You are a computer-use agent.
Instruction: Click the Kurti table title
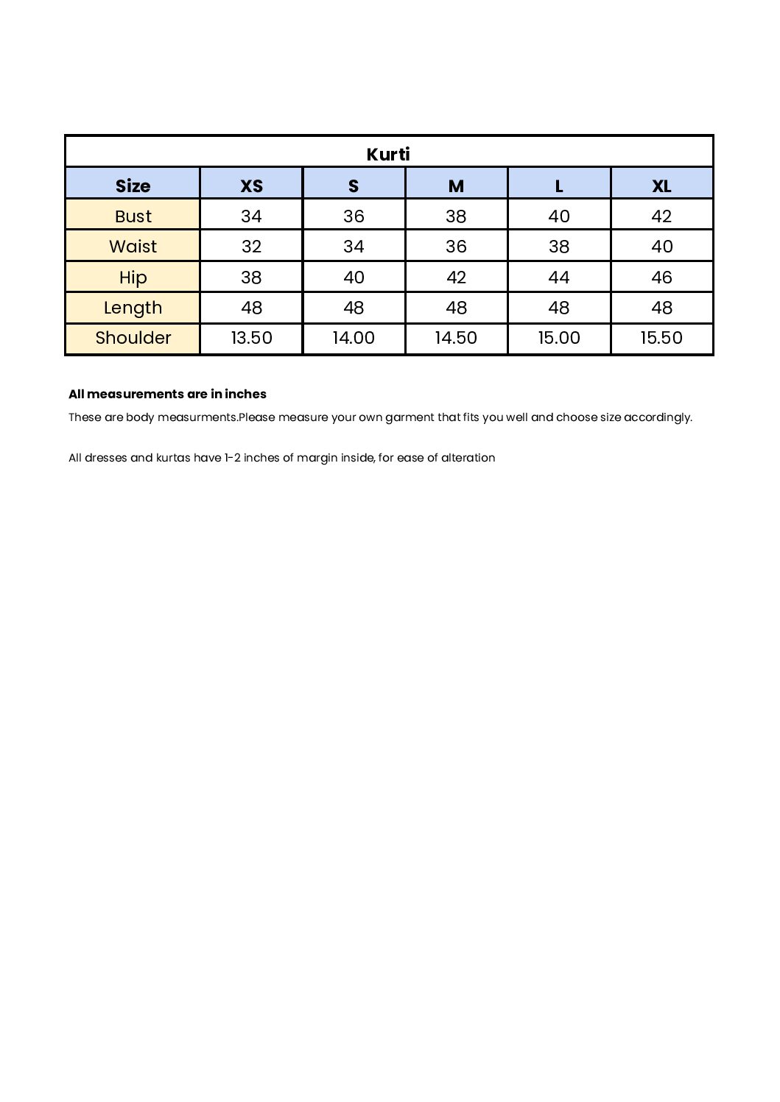tap(388, 154)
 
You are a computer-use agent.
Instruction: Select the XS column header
tap(251, 186)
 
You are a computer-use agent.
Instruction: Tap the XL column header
tap(661, 186)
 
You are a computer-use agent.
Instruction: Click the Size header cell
tap(133, 186)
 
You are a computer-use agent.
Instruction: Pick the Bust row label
tap(133, 216)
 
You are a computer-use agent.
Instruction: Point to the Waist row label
tap(133, 247)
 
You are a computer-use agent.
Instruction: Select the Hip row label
tap(133, 278)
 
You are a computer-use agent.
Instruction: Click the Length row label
tap(133, 308)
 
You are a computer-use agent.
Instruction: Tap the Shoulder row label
tap(133, 338)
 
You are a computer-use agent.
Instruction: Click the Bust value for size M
tap(456, 216)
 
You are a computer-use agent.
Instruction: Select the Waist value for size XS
tap(251, 247)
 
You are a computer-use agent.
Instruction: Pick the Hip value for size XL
tap(661, 278)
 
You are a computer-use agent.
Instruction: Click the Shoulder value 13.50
tap(251, 338)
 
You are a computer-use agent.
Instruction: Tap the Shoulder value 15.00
tap(559, 338)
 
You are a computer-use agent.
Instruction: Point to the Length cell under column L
tap(559, 308)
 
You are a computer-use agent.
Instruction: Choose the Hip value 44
tap(559, 278)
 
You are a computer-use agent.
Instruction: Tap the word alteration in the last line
tap(468, 458)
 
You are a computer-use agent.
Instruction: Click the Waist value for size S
tap(354, 247)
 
